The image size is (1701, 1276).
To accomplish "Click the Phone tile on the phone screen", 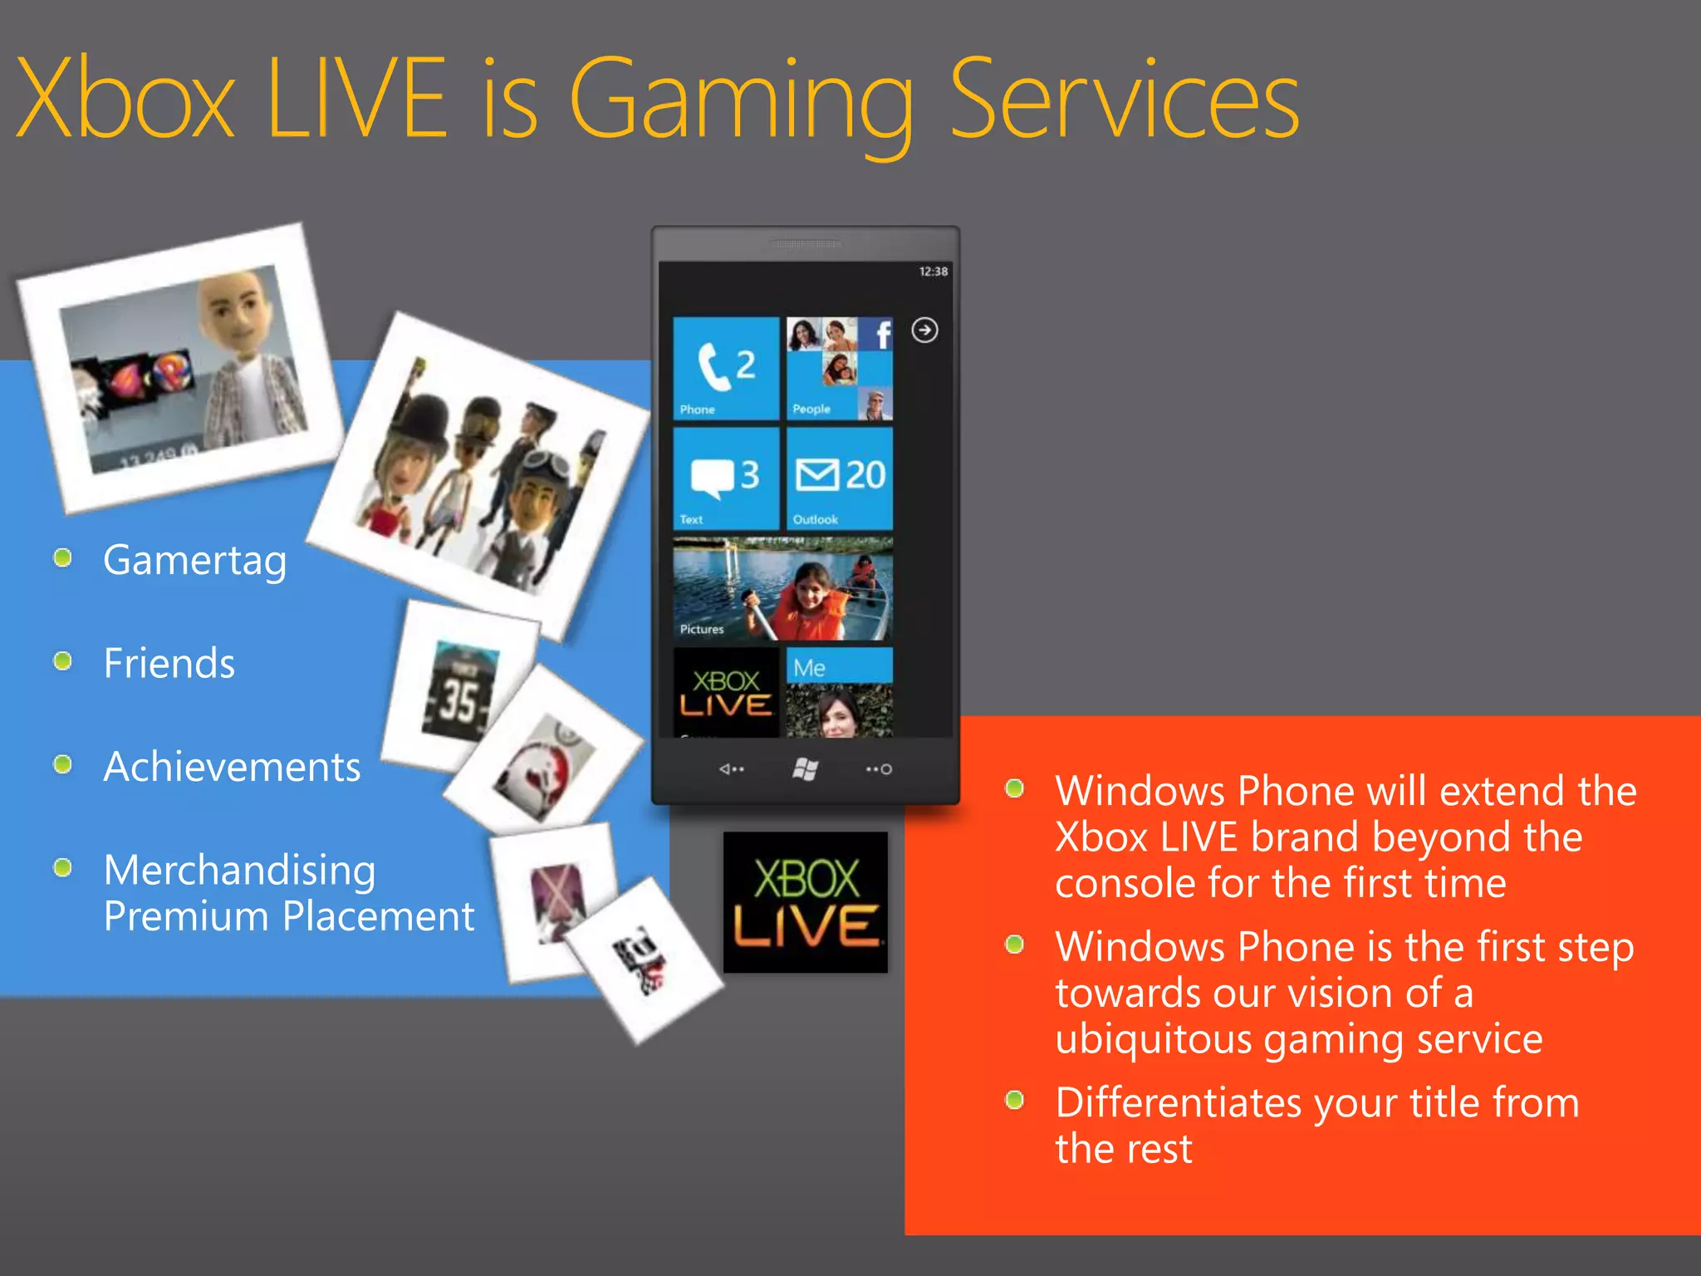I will coord(725,368).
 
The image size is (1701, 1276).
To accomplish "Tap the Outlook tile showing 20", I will coord(839,478).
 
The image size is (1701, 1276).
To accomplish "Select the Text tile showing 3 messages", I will coord(725,478).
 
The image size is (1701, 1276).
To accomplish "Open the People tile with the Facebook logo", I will coord(839,368).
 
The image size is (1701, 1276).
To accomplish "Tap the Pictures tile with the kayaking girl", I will coord(782,588).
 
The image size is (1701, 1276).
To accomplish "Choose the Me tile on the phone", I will coord(839,691).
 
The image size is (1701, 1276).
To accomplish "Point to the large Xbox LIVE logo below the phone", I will coord(805,902).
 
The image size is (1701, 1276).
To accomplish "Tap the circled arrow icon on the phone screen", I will coord(924,331).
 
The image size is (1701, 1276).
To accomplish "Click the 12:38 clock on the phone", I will coord(933,272).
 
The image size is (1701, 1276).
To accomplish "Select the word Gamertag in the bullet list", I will coord(195,561).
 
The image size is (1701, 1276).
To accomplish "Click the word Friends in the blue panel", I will coord(169,664).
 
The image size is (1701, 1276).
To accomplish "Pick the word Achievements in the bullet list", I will coord(232,767).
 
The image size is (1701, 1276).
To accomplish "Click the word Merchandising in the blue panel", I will coord(240,871).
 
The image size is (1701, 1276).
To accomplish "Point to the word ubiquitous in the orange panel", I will coord(1153,1040).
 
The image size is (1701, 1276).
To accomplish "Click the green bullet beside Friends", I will coord(62,661).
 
